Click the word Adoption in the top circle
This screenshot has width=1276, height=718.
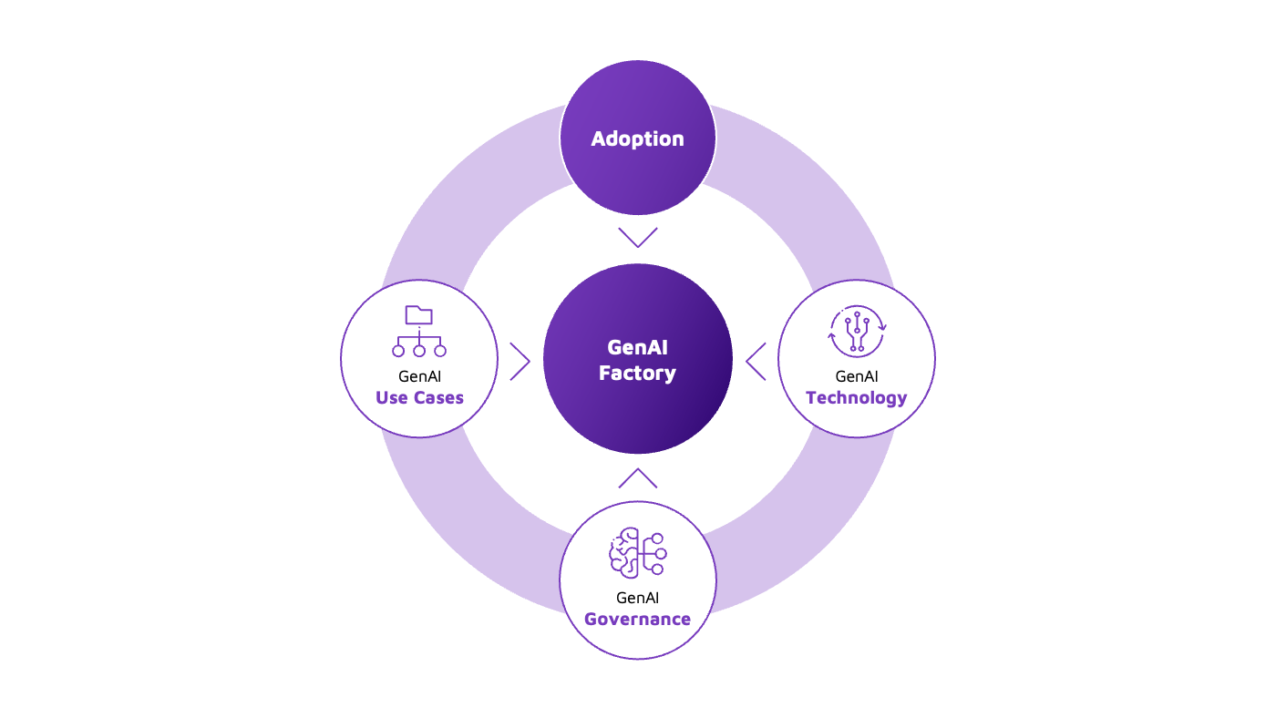point(637,138)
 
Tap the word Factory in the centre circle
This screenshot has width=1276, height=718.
point(637,373)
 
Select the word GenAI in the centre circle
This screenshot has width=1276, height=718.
point(637,348)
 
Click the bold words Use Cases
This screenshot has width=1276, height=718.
point(419,397)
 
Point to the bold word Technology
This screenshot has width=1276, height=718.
point(857,397)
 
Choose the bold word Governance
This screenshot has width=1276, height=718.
point(637,619)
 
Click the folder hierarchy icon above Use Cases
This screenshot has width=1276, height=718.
point(419,332)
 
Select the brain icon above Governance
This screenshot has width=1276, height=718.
point(637,553)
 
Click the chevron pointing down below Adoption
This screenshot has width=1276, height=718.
point(637,237)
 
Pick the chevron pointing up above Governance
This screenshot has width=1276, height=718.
point(637,478)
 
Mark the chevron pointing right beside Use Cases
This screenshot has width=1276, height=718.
point(520,361)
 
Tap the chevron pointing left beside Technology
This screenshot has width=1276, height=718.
point(756,361)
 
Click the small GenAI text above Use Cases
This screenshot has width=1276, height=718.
point(419,375)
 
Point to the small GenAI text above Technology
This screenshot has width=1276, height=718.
point(857,375)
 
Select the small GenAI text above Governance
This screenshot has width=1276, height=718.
point(637,598)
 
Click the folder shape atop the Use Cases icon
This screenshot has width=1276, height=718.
point(419,315)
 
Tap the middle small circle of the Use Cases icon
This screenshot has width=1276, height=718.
point(419,350)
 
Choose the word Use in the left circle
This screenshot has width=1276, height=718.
point(390,397)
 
